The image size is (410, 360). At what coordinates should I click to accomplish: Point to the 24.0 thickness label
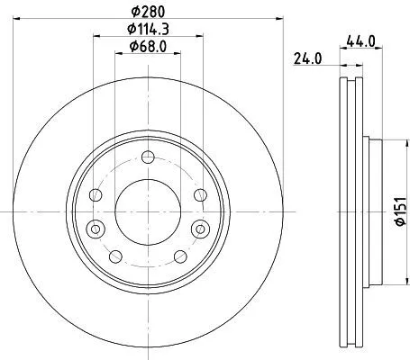point(308,59)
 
